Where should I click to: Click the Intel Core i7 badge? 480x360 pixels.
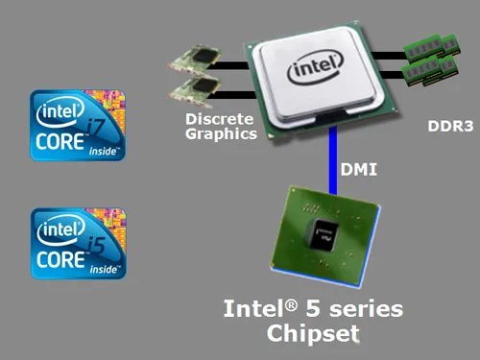click(x=79, y=126)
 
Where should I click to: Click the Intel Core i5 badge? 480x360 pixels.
click(x=79, y=242)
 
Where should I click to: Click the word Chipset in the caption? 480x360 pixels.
click(x=313, y=333)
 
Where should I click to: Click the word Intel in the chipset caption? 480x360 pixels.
click(x=252, y=309)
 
